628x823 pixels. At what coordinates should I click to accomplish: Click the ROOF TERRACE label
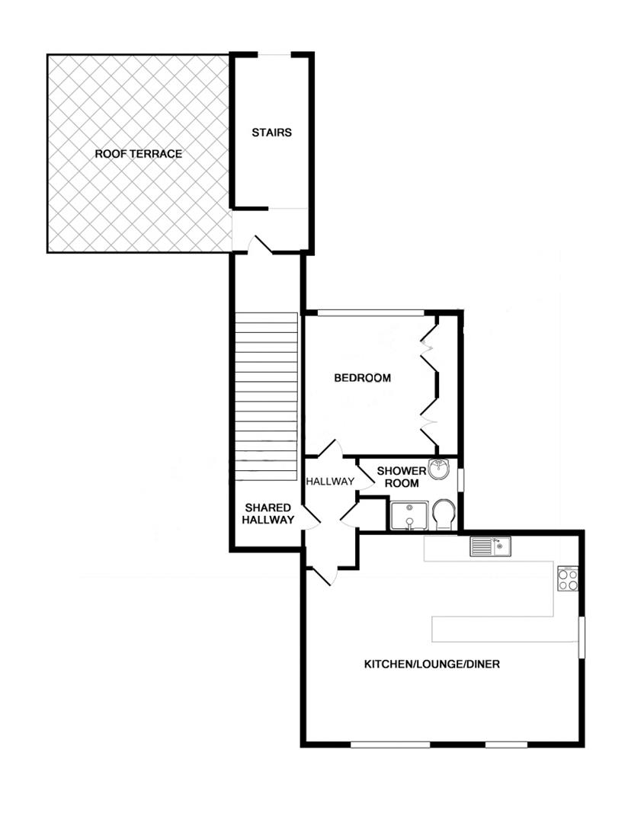(138, 154)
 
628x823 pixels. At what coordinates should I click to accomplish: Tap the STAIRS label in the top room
(271, 133)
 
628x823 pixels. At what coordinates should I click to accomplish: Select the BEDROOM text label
(363, 378)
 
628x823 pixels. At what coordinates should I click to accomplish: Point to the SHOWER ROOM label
(402, 477)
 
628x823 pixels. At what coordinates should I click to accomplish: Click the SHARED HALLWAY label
(268, 514)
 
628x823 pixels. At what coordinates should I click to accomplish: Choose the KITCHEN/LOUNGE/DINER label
(431, 664)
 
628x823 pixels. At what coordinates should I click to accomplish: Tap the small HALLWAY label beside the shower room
(330, 482)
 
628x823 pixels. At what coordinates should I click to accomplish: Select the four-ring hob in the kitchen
(568, 580)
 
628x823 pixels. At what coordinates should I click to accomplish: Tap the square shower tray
(409, 515)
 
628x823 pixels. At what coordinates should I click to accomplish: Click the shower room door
(365, 479)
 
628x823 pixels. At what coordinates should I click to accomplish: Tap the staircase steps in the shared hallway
(265, 395)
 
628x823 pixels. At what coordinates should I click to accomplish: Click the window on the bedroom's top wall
(370, 312)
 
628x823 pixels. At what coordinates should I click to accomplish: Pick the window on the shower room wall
(461, 479)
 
